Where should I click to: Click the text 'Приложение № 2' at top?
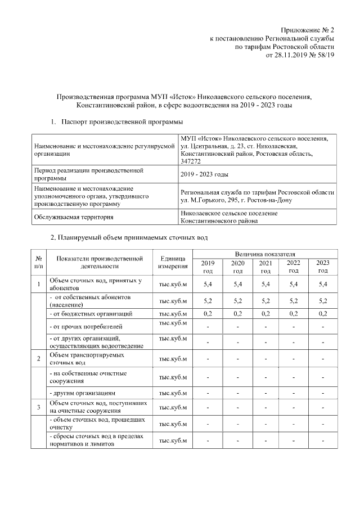click(308, 29)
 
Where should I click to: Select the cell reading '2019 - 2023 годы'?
click(204, 175)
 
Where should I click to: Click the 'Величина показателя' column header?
click(265, 255)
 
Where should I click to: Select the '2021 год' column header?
click(265, 267)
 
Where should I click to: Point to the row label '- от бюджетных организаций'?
click(91, 313)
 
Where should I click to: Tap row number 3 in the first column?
click(38, 407)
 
